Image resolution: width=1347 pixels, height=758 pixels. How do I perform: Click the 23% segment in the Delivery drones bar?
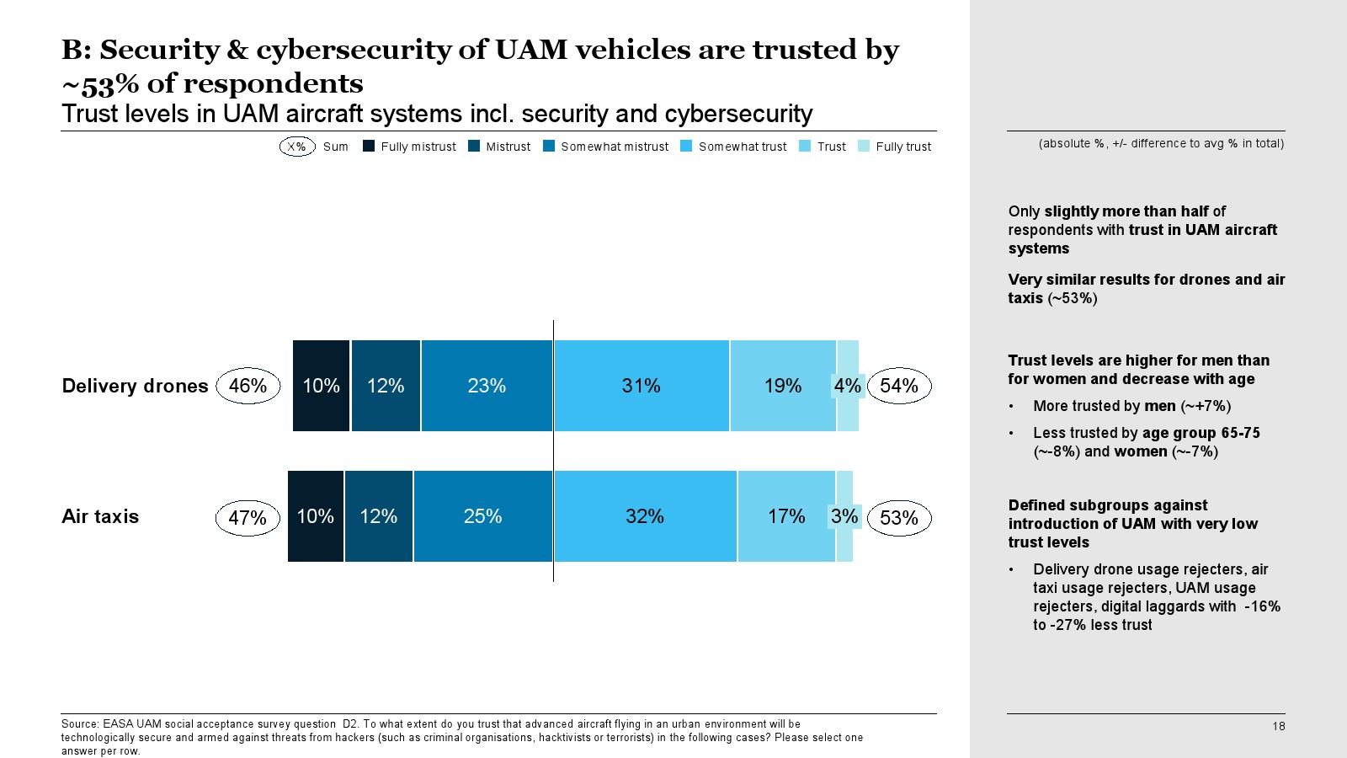click(487, 386)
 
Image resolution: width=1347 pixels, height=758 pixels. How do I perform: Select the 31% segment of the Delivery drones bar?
click(641, 386)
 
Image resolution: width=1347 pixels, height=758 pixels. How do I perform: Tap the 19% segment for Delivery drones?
click(783, 386)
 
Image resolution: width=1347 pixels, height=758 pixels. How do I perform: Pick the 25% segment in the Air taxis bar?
click(482, 516)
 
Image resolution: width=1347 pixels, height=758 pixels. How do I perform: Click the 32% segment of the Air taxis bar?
click(645, 516)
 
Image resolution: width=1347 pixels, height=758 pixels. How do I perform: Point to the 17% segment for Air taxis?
click(786, 516)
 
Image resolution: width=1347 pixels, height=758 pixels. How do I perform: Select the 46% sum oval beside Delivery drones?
click(248, 386)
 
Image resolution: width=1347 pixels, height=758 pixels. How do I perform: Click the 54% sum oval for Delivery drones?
click(899, 386)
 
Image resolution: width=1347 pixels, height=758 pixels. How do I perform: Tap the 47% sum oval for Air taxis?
click(248, 518)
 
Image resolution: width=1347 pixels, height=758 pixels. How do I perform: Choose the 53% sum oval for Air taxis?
click(899, 518)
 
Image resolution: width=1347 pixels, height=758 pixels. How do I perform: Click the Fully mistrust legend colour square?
click(369, 146)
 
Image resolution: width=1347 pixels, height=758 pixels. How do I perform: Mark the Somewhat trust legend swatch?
click(686, 146)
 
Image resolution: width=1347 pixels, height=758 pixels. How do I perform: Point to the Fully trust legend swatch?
click(864, 146)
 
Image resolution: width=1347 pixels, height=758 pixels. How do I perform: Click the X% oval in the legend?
click(297, 147)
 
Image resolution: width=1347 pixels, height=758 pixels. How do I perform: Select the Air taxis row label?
click(100, 516)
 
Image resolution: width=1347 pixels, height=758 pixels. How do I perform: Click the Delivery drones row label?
click(135, 386)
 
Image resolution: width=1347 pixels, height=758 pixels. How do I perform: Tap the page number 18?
click(1278, 726)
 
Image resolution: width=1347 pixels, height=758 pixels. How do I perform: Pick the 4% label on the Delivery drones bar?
click(847, 386)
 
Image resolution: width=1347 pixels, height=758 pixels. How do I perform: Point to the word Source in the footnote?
click(79, 724)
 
